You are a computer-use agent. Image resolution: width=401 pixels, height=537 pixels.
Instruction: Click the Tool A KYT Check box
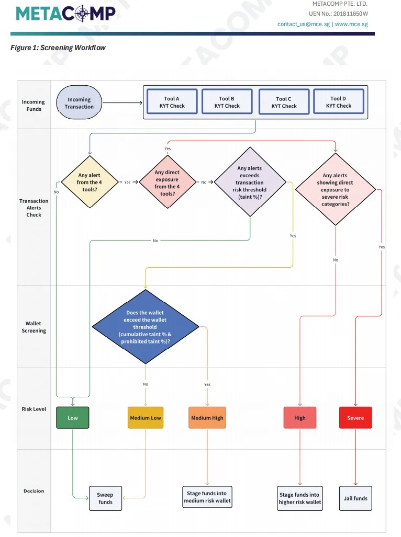tap(172, 102)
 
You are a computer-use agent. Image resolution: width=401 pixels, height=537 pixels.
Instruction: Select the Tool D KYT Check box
tap(338, 102)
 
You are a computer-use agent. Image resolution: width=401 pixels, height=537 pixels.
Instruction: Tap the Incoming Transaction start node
tap(79, 103)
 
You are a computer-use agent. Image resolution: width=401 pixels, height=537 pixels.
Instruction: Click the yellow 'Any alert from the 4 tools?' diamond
tap(88, 182)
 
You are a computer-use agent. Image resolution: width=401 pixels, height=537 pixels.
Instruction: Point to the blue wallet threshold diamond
tap(146, 327)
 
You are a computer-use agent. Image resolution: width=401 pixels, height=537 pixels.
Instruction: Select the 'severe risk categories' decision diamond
tap(335, 190)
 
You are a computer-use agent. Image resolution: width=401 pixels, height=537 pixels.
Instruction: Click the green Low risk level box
tap(73, 418)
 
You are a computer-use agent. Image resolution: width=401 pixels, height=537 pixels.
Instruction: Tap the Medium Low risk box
tap(145, 418)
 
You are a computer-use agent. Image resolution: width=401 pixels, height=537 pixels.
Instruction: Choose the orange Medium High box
tap(207, 418)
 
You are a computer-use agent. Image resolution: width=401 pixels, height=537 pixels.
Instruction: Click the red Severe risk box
tap(355, 418)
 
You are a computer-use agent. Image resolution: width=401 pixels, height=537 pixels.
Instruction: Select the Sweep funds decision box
tap(105, 498)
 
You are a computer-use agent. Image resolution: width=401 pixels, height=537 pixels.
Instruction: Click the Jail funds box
tap(355, 498)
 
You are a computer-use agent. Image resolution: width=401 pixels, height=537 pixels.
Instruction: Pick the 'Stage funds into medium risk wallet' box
tap(207, 497)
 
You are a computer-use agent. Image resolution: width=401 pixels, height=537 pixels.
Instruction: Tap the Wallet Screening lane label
tap(34, 327)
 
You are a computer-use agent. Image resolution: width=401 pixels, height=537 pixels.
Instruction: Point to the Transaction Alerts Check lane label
tap(34, 208)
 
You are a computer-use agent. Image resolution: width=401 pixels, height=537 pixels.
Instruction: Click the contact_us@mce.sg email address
tap(303, 24)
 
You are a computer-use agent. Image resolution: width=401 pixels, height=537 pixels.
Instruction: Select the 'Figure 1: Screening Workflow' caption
tap(58, 48)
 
